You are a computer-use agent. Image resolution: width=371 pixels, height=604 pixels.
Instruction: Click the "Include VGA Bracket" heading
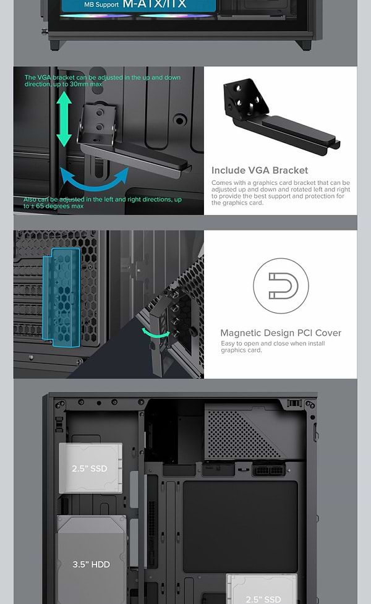pos(259,170)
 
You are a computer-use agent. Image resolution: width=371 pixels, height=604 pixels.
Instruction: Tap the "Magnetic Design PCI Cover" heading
pos(280,333)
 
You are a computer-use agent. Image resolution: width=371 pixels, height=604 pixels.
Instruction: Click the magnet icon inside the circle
pos(280,286)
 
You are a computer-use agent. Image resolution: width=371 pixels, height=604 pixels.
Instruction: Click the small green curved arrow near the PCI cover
pos(155,333)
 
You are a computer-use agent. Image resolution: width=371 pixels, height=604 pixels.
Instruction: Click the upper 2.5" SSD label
pos(90,468)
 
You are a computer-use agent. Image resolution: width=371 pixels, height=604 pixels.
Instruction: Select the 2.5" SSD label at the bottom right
pos(263,598)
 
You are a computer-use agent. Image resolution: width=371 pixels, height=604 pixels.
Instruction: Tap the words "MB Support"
pos(101,5)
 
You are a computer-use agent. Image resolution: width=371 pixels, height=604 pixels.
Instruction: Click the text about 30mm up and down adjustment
pos(102,80)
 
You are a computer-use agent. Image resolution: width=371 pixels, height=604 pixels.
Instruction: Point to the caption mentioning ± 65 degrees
pos(102,203)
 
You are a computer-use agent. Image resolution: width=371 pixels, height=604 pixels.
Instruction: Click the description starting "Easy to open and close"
pos(272,347)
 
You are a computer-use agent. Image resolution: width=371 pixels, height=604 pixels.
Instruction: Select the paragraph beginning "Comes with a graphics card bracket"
pos(280,193)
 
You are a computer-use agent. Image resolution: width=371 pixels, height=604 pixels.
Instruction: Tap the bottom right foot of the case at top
pos(302,45)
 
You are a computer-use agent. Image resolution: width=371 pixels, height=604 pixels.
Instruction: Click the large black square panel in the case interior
pos(232,525)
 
